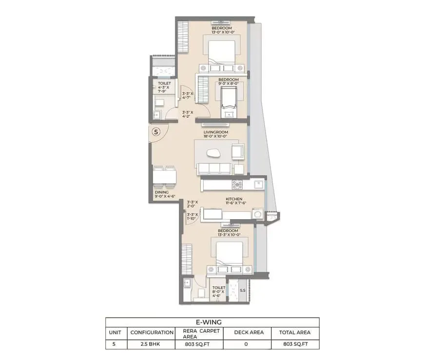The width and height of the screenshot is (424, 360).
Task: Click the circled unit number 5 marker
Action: pyautogui.click(x=156, y=132)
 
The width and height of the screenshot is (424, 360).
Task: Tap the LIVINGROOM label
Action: pyautogui.click(x=216, y=132)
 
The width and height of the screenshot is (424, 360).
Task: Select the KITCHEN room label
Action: pyautogui.click(x=234, y=199)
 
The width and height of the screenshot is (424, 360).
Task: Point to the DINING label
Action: pyautogui.click(x=162, y=192)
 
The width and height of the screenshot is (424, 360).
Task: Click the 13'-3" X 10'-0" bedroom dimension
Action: pyautogui.click(x=230, y=235)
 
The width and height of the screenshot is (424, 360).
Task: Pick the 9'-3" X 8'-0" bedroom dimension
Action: pyautogui.click(x=229, y=83)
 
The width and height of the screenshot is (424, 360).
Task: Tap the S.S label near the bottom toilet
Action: pyautogui.click(x=243, y=290)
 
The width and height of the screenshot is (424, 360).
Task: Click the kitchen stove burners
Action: pyautogui.click(x=237, y=185)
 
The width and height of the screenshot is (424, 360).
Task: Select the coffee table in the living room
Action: pyautogui.click(x=213, y=153)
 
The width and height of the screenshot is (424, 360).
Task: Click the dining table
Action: pyautogui.click(x=164, y=176)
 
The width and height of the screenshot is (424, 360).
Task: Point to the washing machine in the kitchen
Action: pyautogui.click(x=258, y=214)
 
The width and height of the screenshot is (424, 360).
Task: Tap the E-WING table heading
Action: pyautogui.click(x=212, y=322)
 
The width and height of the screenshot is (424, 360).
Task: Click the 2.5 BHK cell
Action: pyautogui.click(x=150, y=344)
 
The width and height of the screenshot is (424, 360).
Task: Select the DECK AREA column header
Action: pyautogui.click(x=249, y=332)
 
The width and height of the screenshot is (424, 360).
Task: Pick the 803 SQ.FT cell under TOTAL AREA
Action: pyautogui.click(x=295, y=344)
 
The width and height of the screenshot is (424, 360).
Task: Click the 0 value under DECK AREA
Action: pyautogui.click(x=246, y=344)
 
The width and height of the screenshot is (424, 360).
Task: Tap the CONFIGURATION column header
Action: pyautogui.click(x=152, y=332)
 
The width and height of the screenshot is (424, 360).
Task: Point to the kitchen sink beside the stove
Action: pyautogui.click(x=259, y=185)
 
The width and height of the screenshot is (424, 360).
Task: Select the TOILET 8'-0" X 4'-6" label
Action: pyautogui.click(x=218, y=292)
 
